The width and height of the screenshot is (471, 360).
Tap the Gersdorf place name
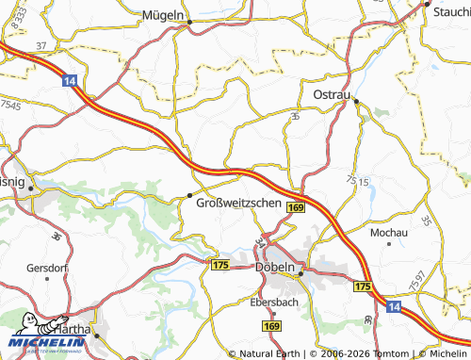point(43,267)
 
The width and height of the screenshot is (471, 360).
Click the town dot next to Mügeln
point(189,22)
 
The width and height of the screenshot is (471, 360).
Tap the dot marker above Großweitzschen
point(190,195)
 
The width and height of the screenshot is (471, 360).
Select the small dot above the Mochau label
point(388,243)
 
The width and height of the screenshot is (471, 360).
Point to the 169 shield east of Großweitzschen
point(296,206)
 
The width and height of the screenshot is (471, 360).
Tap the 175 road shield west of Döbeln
point(221,267)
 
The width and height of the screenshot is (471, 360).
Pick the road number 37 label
point(41,44)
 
